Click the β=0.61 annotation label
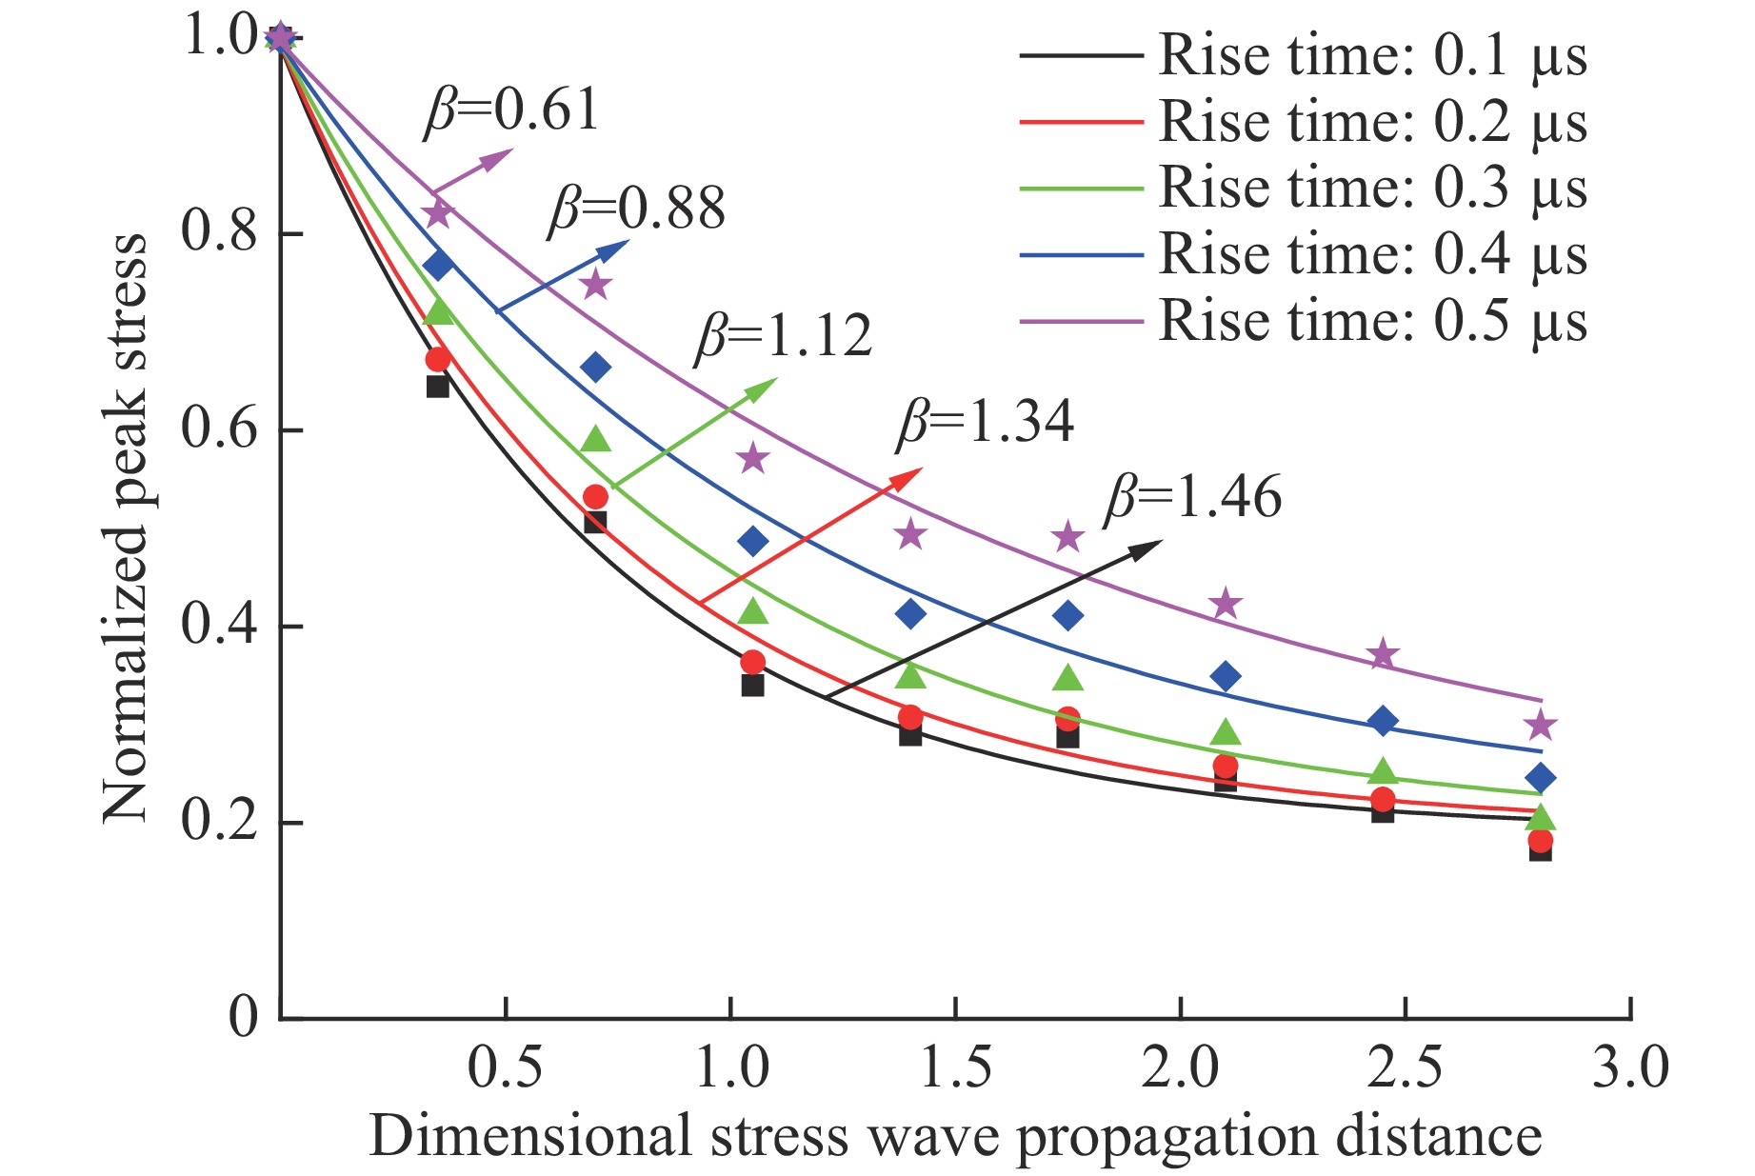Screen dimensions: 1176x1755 (x=511, y=110)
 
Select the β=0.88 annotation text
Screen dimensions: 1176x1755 (x=636, y=208)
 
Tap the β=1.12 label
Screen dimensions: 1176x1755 (x=784, y=335)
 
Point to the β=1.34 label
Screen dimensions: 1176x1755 (x=986, y=421)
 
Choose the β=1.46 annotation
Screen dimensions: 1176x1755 (x=1193, y=497)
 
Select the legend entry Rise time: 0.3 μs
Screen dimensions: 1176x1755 (x=1372, y=188)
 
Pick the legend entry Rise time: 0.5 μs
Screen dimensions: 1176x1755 (x=1372, y=321)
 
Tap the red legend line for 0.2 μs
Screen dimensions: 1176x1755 (x=1080, y=122)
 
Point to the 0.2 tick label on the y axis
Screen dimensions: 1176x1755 (x=219, y=820)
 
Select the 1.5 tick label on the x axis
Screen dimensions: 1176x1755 (x=955, y=1066)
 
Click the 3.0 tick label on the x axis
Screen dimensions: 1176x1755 (x=1630, y=1066)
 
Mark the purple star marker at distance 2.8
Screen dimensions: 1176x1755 (x=1540, y=726)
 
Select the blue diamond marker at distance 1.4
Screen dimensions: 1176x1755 (x=910, y=613)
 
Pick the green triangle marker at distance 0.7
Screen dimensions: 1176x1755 (x=595, y=439)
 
